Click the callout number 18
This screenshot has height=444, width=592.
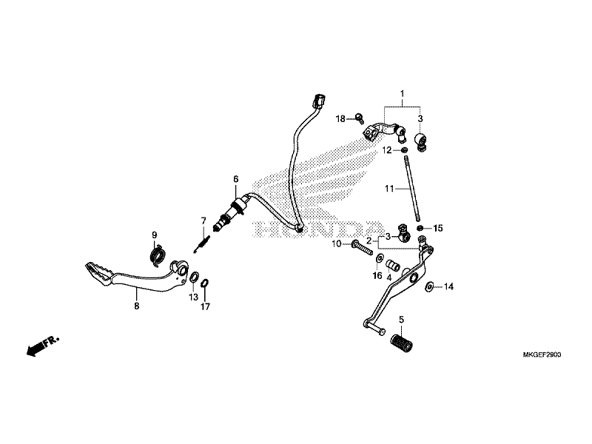340,118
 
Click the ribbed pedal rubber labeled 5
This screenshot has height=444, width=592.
401,344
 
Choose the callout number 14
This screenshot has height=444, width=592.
449,286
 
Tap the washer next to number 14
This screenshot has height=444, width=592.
430,285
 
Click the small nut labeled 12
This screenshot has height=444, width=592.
406,150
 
